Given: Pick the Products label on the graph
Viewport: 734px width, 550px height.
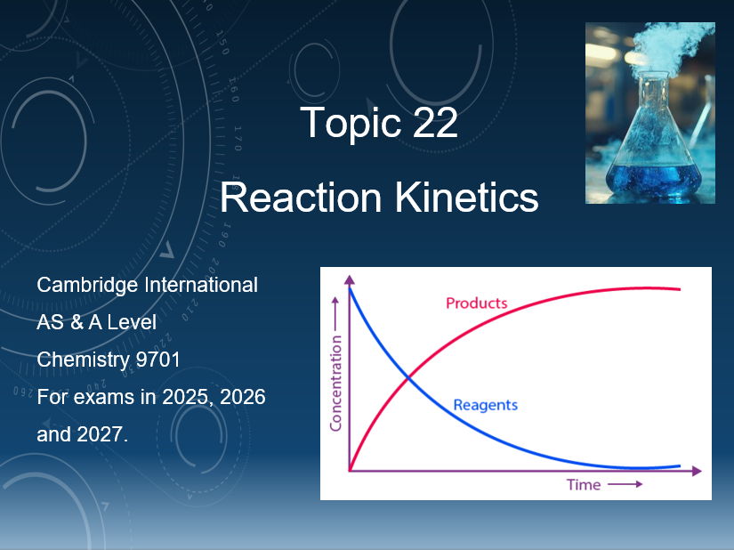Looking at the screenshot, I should click(x=476, y=303).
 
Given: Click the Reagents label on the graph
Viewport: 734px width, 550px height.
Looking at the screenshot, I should click(x=485, y=405).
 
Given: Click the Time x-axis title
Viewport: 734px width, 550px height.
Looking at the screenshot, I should click(x=584, y=485).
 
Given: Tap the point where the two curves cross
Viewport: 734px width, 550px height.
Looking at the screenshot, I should click(x=408, y=378).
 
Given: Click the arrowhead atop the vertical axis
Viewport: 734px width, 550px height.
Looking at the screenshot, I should click(x=350, y=279).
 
